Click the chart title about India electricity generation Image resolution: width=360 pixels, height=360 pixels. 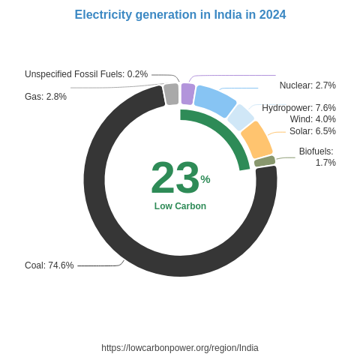(180, 15)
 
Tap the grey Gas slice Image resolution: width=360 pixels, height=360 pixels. (172, 94)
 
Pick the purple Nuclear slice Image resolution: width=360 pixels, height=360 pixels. (187, 94)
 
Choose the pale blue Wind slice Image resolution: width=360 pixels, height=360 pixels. (241, 117)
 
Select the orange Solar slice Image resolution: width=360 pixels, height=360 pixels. (256, 139)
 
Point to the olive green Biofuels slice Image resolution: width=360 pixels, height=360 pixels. (265, 161)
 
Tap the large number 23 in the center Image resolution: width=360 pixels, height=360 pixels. (175, 178)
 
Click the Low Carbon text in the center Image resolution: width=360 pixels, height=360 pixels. (180, 206)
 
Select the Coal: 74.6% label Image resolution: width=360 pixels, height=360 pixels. (49, 265)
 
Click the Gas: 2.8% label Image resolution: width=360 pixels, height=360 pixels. (46, 97)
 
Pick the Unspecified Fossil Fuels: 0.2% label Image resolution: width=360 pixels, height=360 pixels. (86, 74)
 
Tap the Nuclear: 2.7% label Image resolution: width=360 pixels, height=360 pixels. (307, 85)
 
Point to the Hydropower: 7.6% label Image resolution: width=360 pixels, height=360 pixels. (298, 108)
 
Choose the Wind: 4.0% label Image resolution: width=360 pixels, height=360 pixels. (313, 119)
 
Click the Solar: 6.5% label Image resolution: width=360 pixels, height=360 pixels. (313, 131)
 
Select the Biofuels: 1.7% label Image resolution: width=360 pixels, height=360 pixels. (317, 157)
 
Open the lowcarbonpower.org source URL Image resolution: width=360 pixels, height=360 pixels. (180, 348)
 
